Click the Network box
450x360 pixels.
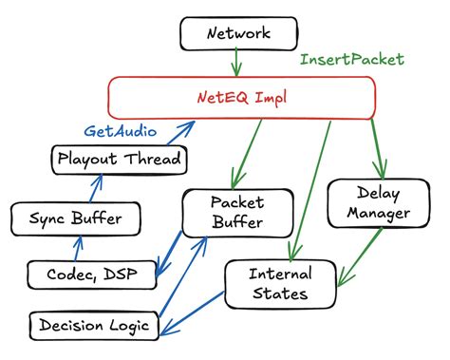[238, 35]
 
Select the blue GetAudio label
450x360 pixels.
[122, 130]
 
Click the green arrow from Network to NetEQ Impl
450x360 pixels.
[237, 65]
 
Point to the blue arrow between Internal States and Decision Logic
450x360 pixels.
[195, 313]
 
